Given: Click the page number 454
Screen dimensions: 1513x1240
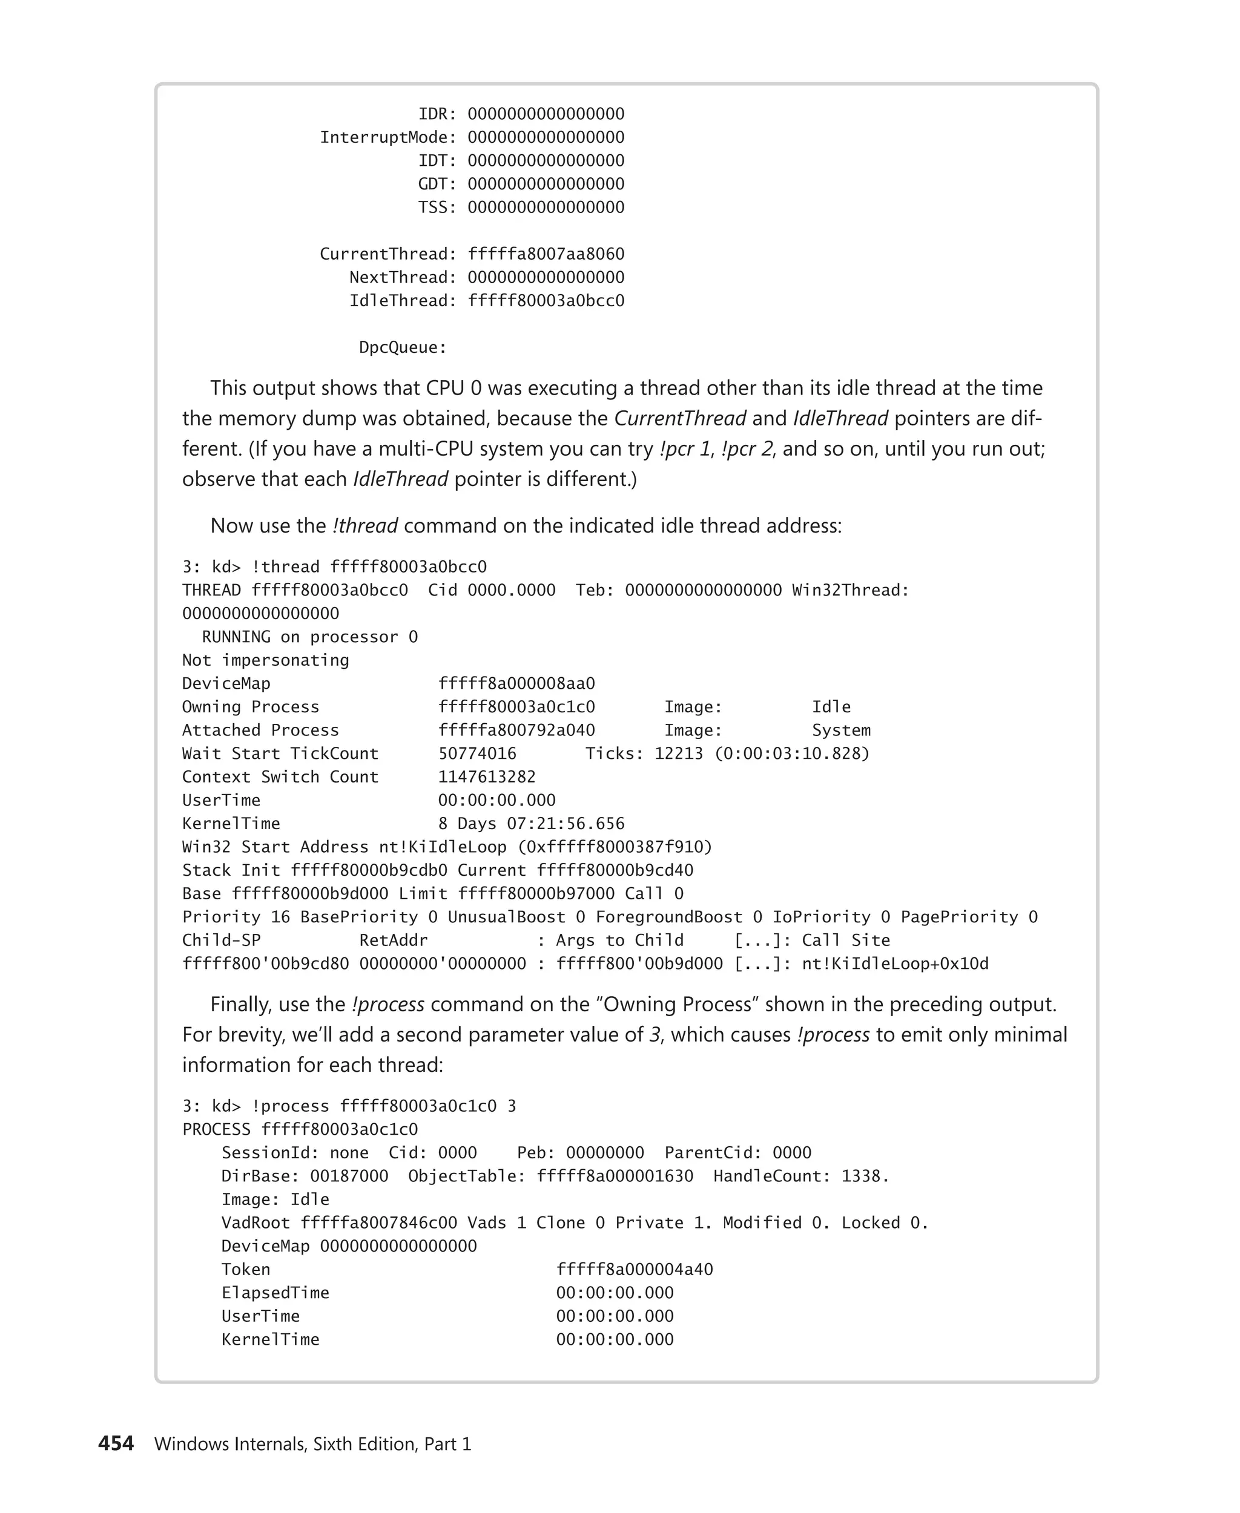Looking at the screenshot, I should [x=116, y=1443].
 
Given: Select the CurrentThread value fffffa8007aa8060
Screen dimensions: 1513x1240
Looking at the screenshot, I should [x=546, y=254].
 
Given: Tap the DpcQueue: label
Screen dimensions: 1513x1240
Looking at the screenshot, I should [x=402, y=348].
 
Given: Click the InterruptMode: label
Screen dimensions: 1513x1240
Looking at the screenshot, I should [x=387, y=137].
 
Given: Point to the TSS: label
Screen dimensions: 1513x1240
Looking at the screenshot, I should [x=437, y=207].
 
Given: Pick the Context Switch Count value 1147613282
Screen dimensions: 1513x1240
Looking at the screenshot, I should [x=486, y=777].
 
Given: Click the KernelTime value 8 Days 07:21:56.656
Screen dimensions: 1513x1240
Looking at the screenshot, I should [x=531, y=823].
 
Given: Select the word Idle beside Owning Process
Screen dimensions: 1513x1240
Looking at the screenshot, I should [x=831, y=707].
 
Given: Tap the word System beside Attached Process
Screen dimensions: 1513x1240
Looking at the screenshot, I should [x=841, y=730].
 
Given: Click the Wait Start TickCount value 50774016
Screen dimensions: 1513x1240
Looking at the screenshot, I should [x=477, y=753].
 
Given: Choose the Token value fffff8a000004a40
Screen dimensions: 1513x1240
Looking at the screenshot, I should [x=635, y=1269].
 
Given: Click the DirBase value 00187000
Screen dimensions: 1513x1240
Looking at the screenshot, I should [x=349, y=1176].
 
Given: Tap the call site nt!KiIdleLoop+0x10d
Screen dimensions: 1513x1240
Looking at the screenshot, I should [x=895, y=964].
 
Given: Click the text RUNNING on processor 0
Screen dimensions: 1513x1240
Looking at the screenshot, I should [x=309, y=637].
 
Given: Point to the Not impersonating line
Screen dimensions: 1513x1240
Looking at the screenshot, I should [x=265, y=660].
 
